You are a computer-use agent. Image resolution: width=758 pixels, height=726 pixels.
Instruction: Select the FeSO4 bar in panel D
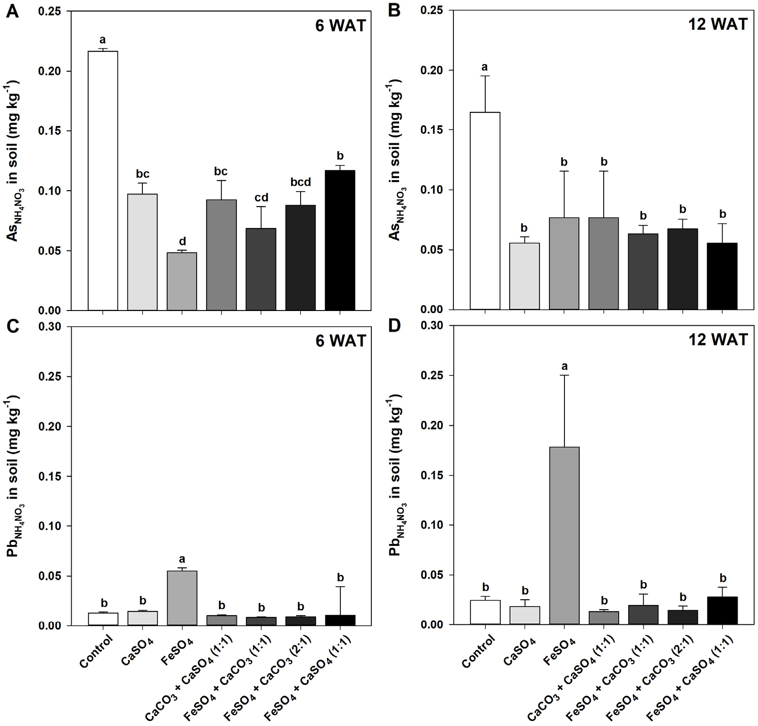tap(564, 535)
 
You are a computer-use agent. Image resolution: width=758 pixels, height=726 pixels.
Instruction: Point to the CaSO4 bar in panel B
tap(525, 276)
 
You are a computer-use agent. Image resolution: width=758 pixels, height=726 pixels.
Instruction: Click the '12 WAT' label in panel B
tap(718, 23)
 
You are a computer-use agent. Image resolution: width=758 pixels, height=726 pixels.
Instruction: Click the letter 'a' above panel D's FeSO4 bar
tap(564, 366)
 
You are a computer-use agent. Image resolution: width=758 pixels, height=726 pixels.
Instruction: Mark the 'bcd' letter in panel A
tap(301, 183)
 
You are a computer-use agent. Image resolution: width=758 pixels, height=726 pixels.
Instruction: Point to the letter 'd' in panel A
tap(182, 242)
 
